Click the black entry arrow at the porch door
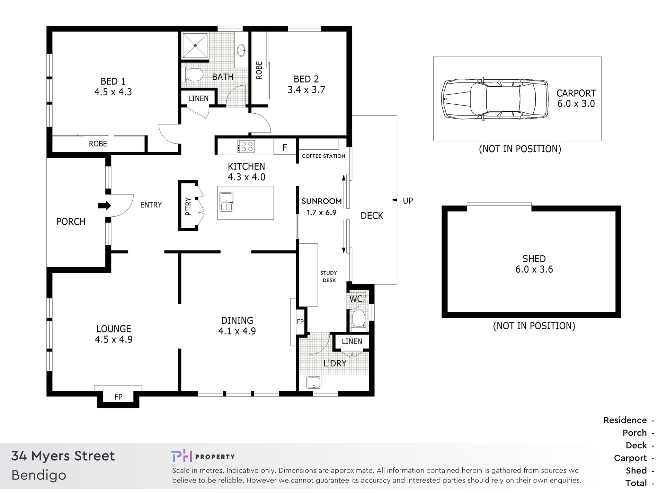pos(104,206)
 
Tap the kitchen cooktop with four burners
pos(246,146)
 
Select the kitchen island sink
pos(226,202)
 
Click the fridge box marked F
pos(285,147)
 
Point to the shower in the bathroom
pos(195,46)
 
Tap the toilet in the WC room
pos(358,319)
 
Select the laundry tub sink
pos(314,382)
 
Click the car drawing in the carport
pos(495,99)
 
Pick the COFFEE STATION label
pos(323,156)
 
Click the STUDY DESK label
pos(329,277)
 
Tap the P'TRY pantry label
pos(188,206)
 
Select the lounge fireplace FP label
pos(118,397)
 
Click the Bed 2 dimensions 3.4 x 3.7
pos(306,90)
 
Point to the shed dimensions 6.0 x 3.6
pos(534,269)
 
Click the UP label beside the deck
pos(408,200)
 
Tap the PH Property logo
pos(203,456)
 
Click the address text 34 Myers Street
pos(63,456)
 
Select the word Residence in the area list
pos(625,420)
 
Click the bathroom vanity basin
pos(241,50)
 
